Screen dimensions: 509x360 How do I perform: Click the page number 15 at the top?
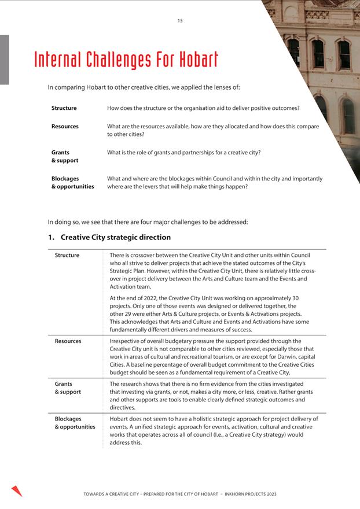pyautogui.click(x=180, y=21)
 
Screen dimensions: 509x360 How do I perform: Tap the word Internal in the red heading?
pyautogui.click(x=58, y=60)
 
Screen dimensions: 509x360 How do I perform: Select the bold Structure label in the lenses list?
pyautogui.click(x=64, y=108)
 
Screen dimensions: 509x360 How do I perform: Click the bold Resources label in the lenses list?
pyautogui.click(x=65, y=126)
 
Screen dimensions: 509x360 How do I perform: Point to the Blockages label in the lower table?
pyautogui.click(x=68, y=419)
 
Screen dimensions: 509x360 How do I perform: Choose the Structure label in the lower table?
pyautogui.click(x=67, y=255)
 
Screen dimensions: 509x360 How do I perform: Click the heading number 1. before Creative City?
pyautogui.click(x=51, y=237)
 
